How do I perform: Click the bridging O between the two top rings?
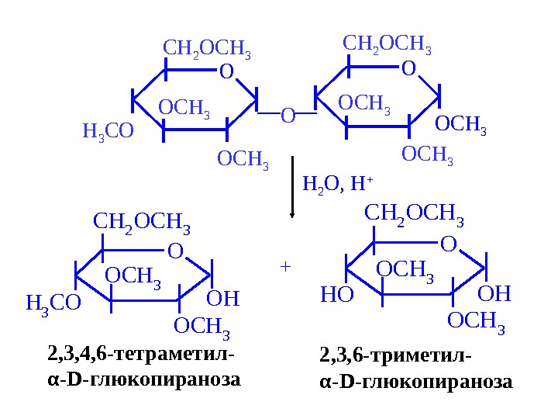pos(288,116)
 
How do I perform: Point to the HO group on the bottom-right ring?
pos(336,295)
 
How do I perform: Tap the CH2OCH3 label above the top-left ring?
pos(207,50)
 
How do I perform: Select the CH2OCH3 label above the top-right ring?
pos(387,44)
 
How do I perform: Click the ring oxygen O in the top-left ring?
pos(226,73)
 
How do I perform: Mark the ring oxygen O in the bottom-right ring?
pos(448,246)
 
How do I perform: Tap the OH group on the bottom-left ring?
pos(224,299)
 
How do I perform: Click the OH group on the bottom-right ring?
pos(495,294)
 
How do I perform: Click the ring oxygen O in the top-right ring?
pos(408,70)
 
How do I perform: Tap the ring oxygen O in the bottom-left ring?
pos(175,252)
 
